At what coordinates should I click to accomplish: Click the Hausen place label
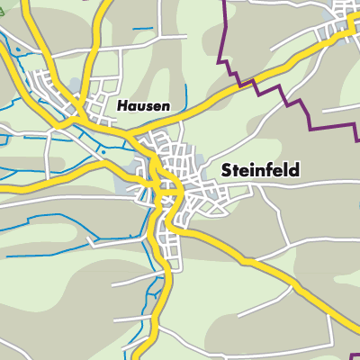point(142,105)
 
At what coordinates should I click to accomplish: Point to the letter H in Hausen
point(121,105)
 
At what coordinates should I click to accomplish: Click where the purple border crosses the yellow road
point(242,85)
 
